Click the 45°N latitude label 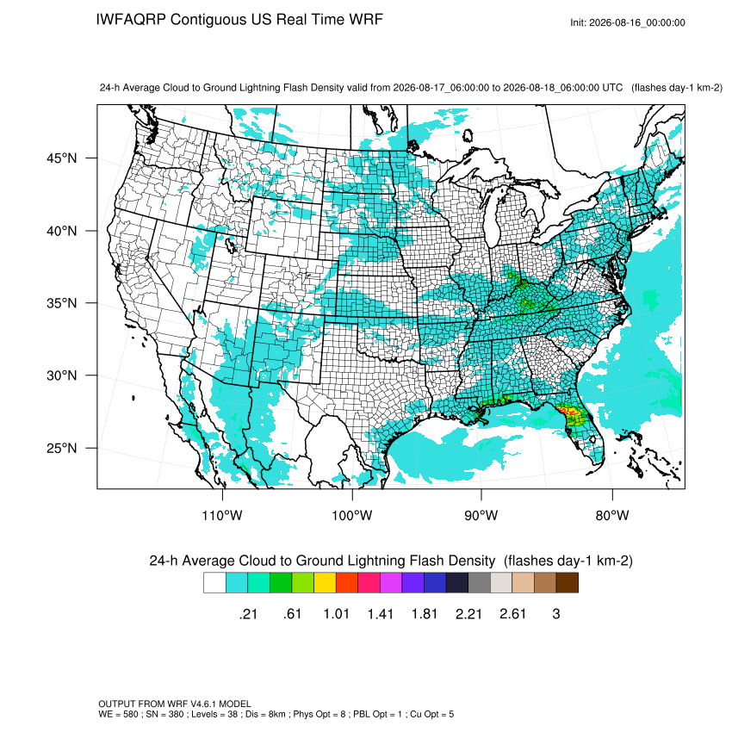62,158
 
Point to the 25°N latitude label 62,448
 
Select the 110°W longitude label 222,515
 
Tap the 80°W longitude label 612,515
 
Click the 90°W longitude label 481,515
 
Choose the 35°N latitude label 62,303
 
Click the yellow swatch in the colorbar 325,583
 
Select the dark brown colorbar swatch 568,583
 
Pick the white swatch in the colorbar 214,583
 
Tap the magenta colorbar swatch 391,583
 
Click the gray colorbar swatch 480,583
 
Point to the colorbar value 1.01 336,613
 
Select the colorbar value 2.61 512,613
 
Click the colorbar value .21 248,613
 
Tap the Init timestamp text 628,23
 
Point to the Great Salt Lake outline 230,245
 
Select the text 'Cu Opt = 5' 431,714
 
